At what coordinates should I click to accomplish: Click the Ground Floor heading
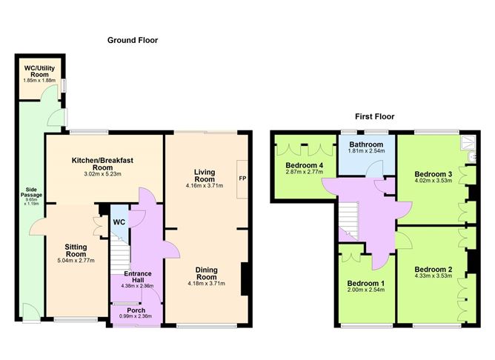133,40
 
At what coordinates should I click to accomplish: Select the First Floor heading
374,116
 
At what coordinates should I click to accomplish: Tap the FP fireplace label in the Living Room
242,179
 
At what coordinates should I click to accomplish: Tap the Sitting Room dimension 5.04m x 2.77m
76,260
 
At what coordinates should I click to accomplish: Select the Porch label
136,310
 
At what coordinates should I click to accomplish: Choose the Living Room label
205,176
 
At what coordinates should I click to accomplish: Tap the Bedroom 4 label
305,164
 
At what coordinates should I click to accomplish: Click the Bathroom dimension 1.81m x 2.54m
366,152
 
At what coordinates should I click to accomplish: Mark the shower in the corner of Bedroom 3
468,144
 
